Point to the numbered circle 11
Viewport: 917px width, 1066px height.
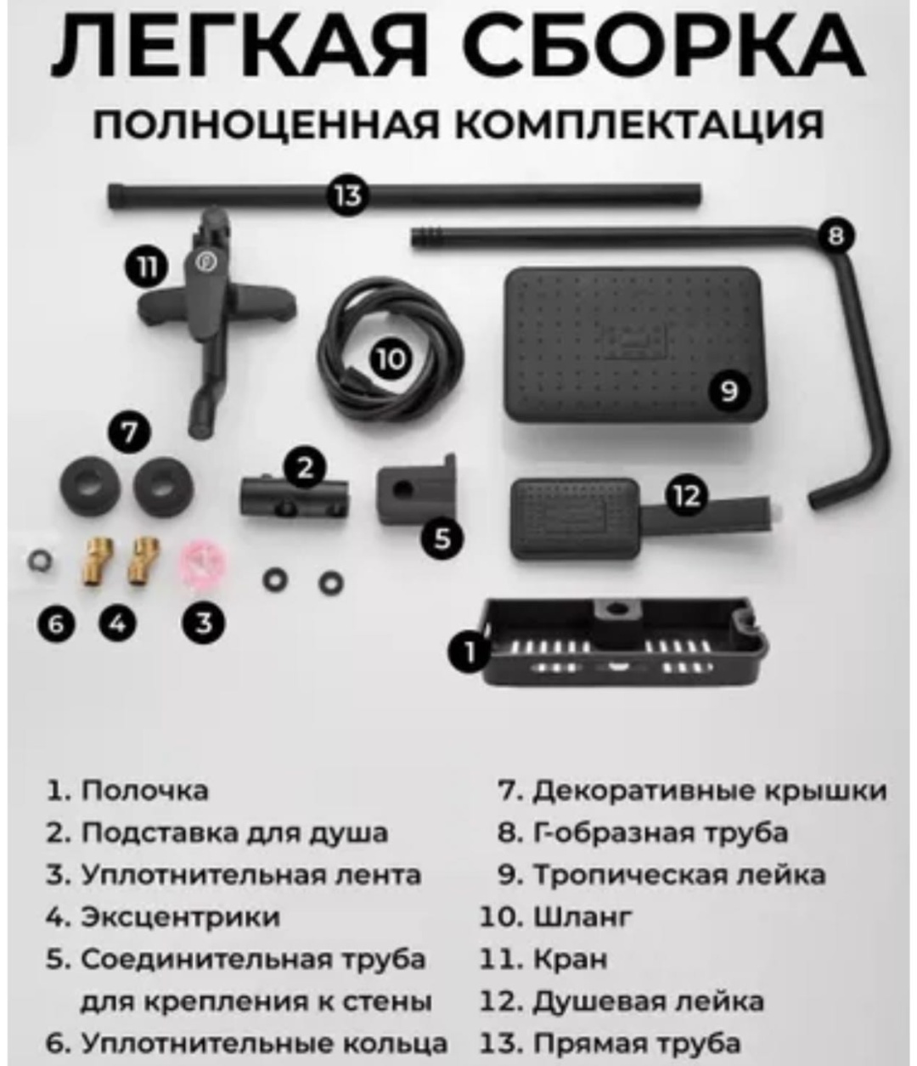click(147, 268)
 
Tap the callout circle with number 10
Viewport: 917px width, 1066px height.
click(391, 359)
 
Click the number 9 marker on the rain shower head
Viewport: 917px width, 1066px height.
click(729, 392)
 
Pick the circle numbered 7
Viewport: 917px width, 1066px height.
click(129, 432)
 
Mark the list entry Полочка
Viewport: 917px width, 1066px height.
click(145, 805)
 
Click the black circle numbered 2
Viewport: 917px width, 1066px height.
click(306, 468)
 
